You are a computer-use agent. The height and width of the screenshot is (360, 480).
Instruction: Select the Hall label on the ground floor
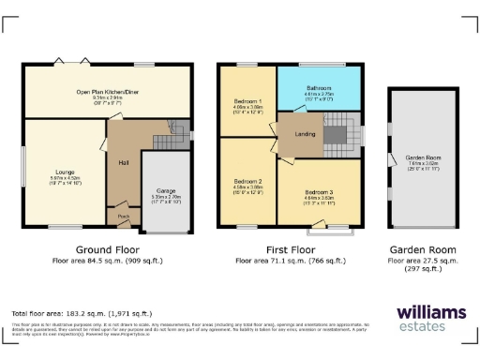point(123,163)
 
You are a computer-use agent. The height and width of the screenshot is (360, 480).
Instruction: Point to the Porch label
point(123,215)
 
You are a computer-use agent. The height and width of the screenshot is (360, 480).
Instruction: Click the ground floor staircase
point(167,139)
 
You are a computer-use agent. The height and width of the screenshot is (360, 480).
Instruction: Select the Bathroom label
point(319,88)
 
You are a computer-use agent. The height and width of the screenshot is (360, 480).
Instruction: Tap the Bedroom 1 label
point(247,100)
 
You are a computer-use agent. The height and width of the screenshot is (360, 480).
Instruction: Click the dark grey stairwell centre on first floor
point(334,135)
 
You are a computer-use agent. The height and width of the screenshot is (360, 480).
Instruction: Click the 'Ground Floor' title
point(108,250)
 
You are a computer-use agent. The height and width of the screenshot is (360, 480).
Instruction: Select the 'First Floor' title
point(290,250)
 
